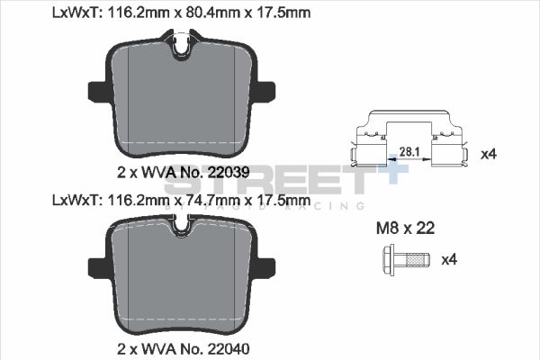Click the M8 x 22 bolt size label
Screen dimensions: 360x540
[x=404, y=229]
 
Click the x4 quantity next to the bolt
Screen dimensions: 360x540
[x=449, y=260]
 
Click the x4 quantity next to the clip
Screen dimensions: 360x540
[x=489, y=154]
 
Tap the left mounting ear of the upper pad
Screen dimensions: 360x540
[x=98, y=90]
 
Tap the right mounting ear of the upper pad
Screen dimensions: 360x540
[x=265, y=90]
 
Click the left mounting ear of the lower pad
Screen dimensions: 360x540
[x=98, y=266]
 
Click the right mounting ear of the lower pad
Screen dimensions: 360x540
[x=265, y=266]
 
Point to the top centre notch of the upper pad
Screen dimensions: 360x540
[x=182, y=43]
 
